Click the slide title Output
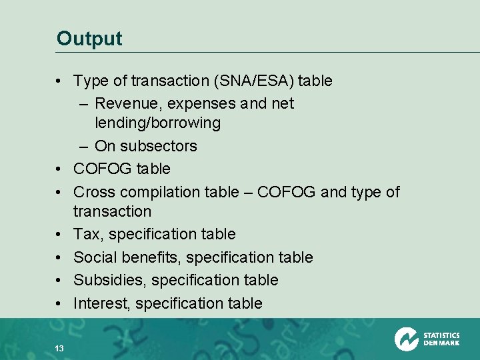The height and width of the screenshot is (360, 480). coord(89,38)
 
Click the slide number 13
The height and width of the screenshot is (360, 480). coord(59,347)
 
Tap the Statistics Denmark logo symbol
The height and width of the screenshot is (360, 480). coord(406,339)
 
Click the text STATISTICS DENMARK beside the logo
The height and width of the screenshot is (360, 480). coord(441,339)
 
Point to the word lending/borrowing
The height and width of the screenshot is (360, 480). coord(157,123)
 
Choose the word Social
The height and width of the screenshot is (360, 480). coord(94,257)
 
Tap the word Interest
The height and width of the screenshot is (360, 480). coord(101,303)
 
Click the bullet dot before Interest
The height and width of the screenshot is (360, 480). coord(60,303)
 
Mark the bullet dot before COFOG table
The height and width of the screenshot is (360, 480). coord(60,169)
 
